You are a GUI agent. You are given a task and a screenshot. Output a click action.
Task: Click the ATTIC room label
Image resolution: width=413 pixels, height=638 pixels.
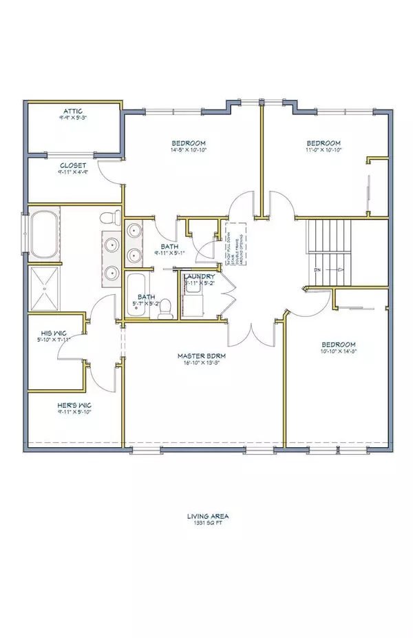click(x=73, y=110)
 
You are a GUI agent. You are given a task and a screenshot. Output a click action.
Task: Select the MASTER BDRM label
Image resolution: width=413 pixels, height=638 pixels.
click(x=202, y=356)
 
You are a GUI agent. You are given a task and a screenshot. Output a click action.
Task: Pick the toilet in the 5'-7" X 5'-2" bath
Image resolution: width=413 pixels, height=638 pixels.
click(x=163, y=313)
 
